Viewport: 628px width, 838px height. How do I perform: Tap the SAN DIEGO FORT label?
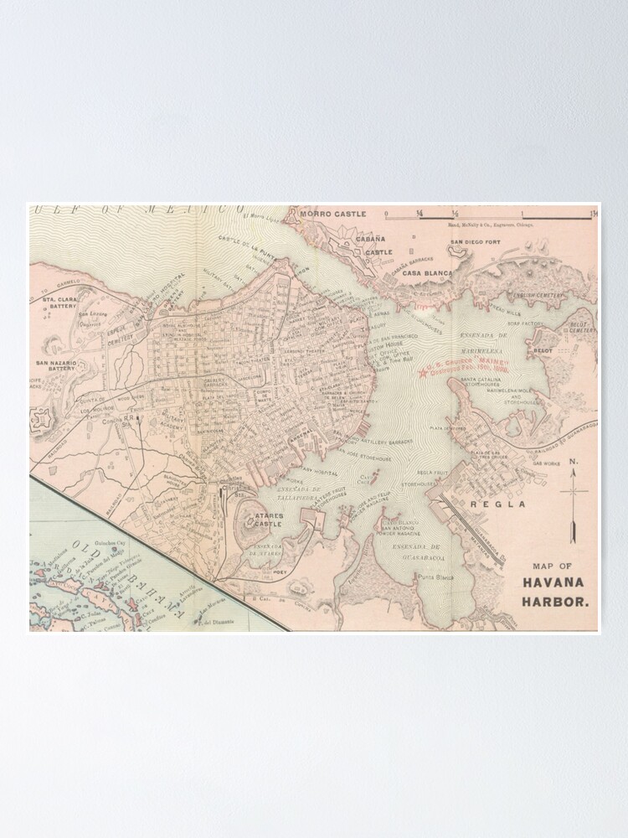coord(476,242)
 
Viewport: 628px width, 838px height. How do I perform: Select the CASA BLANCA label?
coord(425,273)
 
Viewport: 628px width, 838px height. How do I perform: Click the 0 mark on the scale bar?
coord(386,214)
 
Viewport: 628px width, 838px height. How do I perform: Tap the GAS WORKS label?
coord(545,463)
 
